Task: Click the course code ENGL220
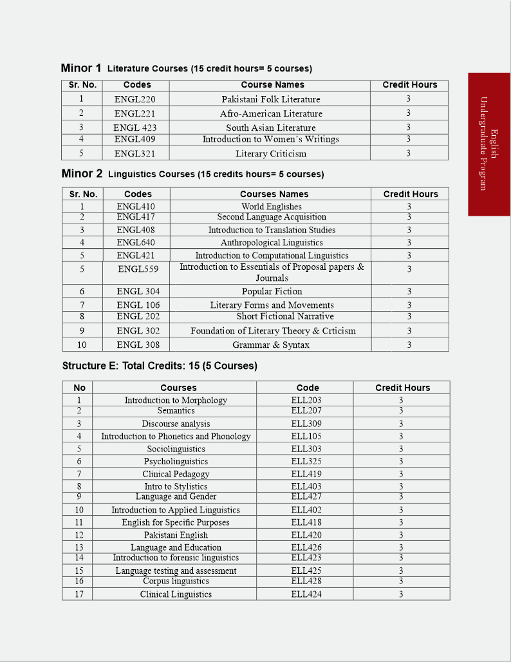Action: pos(135,99)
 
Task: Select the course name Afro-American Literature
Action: pos(271,113)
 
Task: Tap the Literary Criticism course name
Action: pos(271,153)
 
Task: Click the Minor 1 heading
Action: pos(81,68)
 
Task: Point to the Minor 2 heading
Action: pos(82,173)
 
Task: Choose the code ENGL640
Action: pos(136,243)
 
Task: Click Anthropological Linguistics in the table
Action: pos(272,243)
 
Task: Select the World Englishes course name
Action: pos(272,207)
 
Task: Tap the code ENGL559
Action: pos(138,269)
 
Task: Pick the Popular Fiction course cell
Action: pos(272,291)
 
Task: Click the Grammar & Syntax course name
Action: pos(271,345)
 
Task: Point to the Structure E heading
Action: pos(159,366)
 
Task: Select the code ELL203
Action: pos(306,400)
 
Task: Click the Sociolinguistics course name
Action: pos(176,449)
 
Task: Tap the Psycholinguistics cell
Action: pos(176,461)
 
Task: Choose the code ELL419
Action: pos(306,474)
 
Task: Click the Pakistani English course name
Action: pos(176,534)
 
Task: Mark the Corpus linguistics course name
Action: pos(176,581)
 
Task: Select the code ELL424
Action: pos(306,594)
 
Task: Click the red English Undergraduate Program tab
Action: pos(489,144)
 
